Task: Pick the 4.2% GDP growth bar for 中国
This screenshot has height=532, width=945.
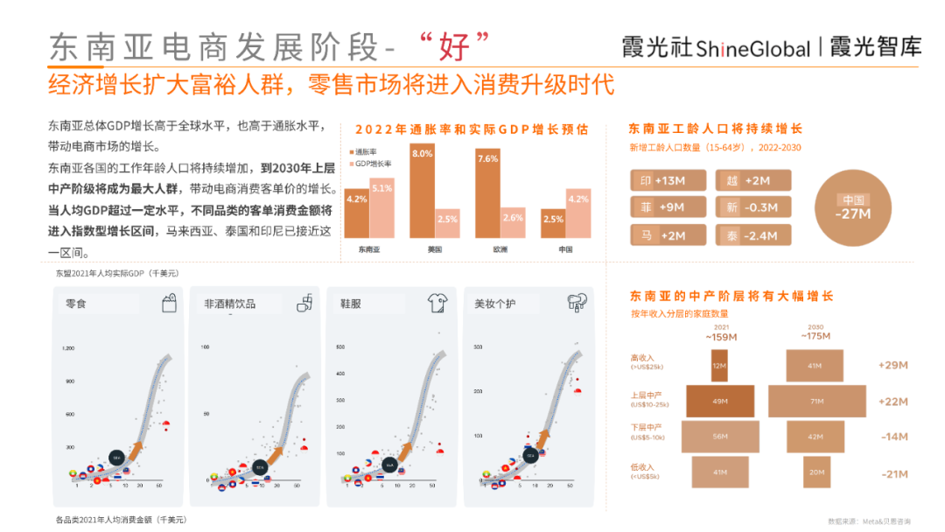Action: [577, 213]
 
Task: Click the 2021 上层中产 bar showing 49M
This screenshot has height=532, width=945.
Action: [719, 401]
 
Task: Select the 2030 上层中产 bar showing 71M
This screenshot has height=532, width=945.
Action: [816, 401]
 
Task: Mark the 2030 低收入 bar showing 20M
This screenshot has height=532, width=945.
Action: [816, 472]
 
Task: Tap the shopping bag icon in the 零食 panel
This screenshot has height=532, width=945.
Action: [169, 304]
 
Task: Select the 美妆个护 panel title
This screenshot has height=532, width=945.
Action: [495, 304]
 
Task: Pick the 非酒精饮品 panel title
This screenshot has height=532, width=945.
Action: [230, 304]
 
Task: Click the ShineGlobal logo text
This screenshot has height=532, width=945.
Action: [753, 49]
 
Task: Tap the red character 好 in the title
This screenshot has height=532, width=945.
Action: [454, 44]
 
